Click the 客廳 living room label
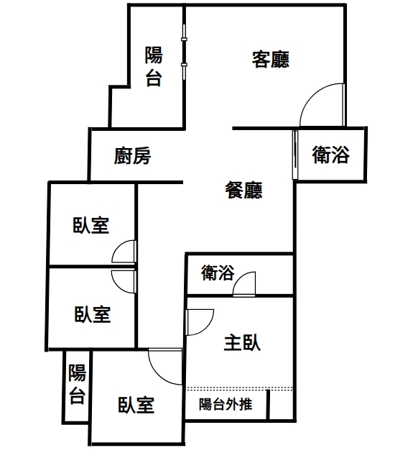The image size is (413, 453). [x=271, y=60]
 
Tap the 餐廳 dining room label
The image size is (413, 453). [x=243, y=190]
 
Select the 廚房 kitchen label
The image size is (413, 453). [x=132, y=156]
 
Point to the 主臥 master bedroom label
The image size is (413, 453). [x=242, y=343]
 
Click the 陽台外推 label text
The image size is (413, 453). [x=226, y=404]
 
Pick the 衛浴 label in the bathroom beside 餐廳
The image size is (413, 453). [x=330, y=155]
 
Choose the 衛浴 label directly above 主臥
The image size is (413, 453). [x=218, y=273]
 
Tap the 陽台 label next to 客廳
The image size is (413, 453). [x=154, y=66]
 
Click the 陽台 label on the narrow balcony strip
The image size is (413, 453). [x=77, y=384]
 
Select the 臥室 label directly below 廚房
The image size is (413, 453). [x=91, y=225]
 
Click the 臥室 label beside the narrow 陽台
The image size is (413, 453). [x=136, y=405]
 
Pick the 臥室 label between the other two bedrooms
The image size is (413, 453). [x=93, y=314]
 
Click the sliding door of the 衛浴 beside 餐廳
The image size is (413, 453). [x=294, y=155]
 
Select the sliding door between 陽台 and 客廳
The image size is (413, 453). [x=184, y=52]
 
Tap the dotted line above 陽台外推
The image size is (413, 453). [x=240, y=388]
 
